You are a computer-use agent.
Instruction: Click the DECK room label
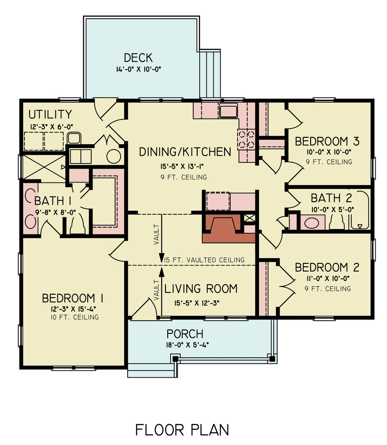[x=138, y=58]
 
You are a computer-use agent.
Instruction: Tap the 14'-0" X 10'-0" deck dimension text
[x=138, y=69]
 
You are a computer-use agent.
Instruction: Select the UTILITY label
[x=50, y=115]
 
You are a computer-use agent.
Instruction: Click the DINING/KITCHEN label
[x=185, y=152]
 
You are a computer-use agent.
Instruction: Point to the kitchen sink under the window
[x=228, y=111]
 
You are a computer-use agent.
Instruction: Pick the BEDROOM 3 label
[x=327, y=142]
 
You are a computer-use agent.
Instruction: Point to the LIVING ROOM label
[x=201, y=289]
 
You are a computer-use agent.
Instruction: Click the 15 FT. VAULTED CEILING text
[x=204, y=260]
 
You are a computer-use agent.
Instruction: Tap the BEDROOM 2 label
[x=327, y=267]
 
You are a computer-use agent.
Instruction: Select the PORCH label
[x=185, y=334]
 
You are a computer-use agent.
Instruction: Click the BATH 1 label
[x=53, y=201]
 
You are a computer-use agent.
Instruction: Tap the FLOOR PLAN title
[x=182, y=429]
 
